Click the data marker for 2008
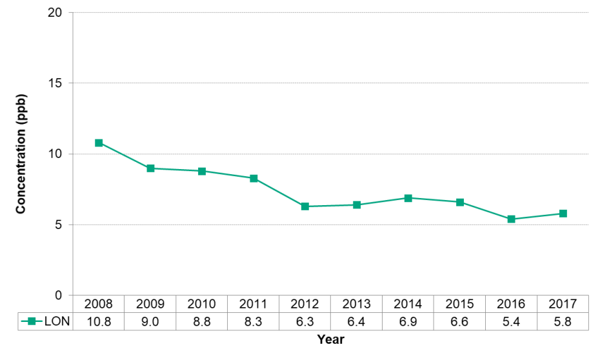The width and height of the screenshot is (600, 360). (x=99, y=143)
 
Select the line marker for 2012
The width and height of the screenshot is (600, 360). (x=305, y=206)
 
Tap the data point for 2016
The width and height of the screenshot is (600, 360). (x=512, y=219)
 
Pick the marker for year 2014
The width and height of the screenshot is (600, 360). (x=408, y=198)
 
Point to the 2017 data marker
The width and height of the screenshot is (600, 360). (x=563, y=214)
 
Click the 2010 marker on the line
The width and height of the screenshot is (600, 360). (x=202, y=171)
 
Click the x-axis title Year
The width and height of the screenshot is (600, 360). (x=330, y=339)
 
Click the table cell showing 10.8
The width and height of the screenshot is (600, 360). (x=99, y=321)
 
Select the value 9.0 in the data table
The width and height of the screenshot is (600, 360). (x=150, y=321)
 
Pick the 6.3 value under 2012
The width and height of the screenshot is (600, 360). (x=305, y=321)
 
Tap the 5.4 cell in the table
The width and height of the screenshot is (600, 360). (x=512, y=321)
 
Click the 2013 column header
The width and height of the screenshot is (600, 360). (x=357, y=304)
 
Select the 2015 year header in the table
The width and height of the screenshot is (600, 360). (x=460, y=304)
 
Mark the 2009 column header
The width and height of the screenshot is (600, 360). (x=150, y=304)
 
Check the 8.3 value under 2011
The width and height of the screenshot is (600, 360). (x=254, y=321)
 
